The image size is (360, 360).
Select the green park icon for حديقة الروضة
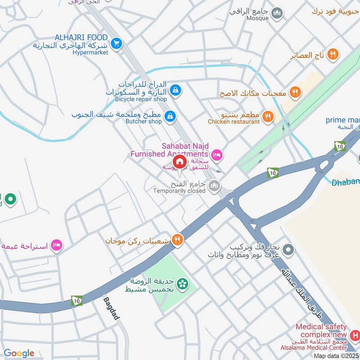click(x=182, y=283)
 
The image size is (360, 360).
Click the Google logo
click(x=19, y=353)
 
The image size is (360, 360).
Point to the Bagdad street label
click(x=112, y=308)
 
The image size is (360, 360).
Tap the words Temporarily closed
click(x=179, y=191)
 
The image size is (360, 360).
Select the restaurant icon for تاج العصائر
click(x=333, y=55)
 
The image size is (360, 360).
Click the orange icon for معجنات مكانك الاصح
click(x=295, y=93)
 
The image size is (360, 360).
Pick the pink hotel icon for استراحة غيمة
click(x=57, y=245)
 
